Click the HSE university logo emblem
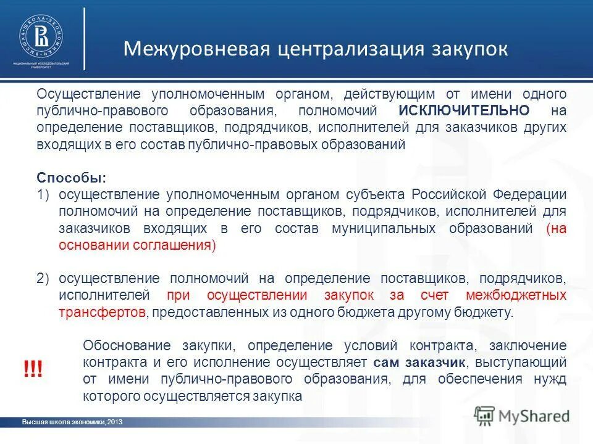coord(40,35)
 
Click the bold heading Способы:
coord(71,178)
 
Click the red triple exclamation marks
coord(32,371)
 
